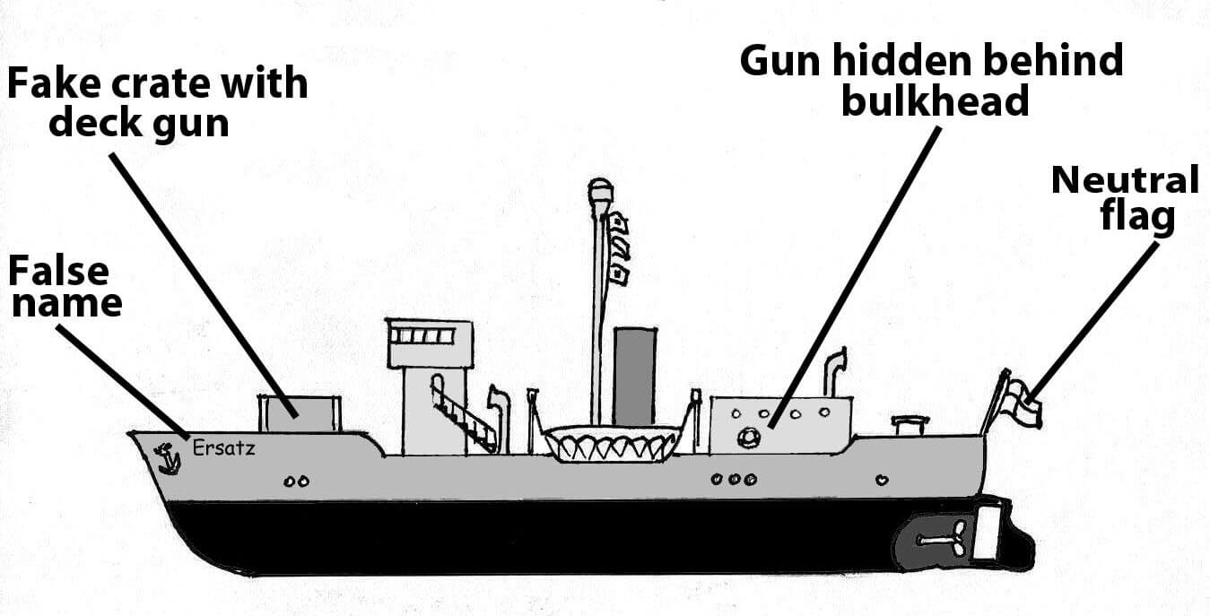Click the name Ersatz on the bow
(x=223, y=447)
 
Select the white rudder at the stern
(x=987, y=533)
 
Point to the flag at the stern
(x=1023, y=402)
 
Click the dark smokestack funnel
(x=634, y=377)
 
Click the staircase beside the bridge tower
(x=463, y=413)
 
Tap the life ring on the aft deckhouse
(x=747, y=438)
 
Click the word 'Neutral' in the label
(x=1125, y=180)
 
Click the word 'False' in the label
(x=58, y=271)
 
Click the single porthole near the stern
(x=881, y=480)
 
